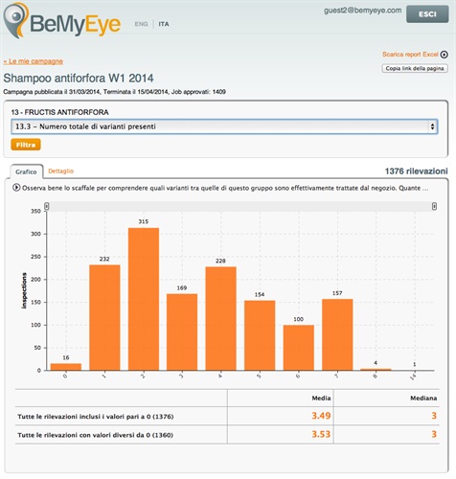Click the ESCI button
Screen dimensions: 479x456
click(422, 16)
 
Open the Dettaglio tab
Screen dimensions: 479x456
click(60, 170)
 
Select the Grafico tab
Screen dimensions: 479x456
click(26, 171)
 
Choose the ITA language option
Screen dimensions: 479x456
click(164, 22)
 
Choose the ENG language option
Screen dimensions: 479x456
click(141, 22)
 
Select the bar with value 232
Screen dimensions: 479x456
click(104, 317)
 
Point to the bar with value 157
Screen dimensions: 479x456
click(338, 334)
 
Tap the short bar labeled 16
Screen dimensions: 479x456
click(65, 366)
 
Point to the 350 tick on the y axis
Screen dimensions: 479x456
click(35, 208)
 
